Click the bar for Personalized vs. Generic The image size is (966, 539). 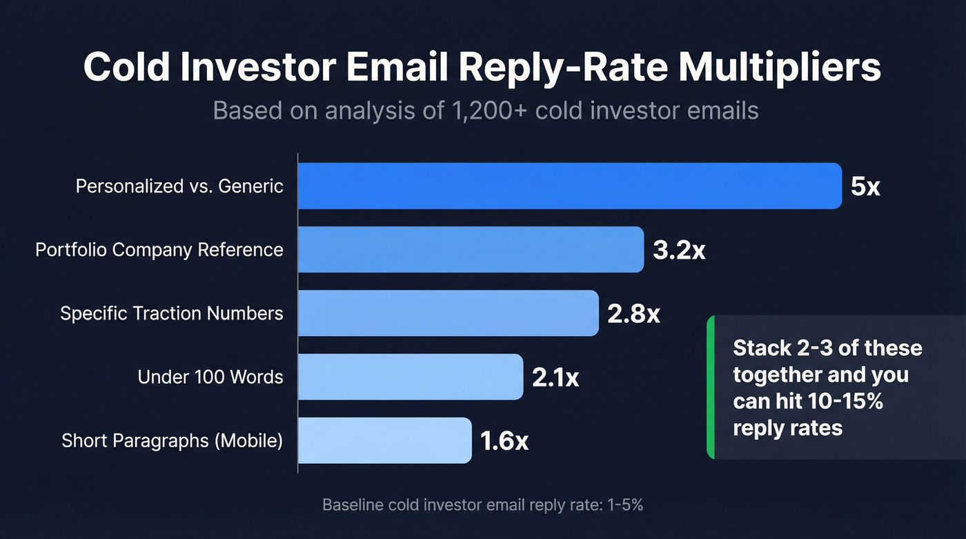[570, 186]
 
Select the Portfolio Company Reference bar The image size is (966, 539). [471, 249]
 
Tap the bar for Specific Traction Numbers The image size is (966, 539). [448, 313]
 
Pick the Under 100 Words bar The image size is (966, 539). [411, 377]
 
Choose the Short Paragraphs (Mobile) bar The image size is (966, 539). [385, 440]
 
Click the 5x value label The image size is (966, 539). [865, 186]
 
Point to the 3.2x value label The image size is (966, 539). [679, 250]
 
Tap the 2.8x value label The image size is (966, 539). [633, 314]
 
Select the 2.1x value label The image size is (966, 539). [555, 378]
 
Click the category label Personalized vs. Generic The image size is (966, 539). [179, 186]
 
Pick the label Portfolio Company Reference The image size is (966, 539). [159, 250]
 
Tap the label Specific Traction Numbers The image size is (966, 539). [172, 313]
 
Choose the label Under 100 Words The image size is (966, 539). [210, 377]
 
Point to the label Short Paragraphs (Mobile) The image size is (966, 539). [172, 440]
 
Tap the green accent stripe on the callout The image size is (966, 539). [711, 387]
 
